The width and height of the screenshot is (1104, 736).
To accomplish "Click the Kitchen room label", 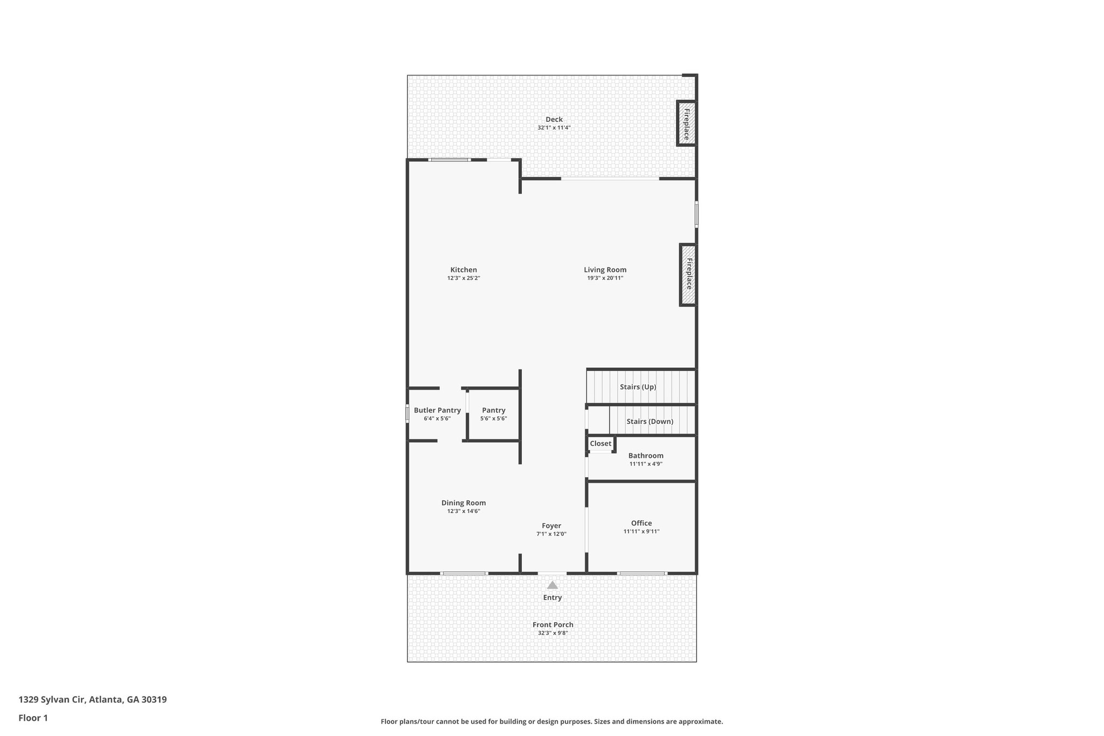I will (x=464, y=270).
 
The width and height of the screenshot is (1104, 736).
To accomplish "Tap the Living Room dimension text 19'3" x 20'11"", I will (x=605, y=278).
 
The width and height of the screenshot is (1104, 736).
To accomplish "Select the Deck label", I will (x=554, y=120).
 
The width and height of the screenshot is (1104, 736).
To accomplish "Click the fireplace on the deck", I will (x=686, y=123).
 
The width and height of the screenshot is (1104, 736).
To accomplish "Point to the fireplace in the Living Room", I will (x=688, y=275).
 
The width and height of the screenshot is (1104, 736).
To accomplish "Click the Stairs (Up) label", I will (x=638, y=387).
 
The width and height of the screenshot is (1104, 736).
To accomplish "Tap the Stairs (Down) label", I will (x=650, y=422).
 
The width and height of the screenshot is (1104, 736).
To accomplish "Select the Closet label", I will (x=601, y=444).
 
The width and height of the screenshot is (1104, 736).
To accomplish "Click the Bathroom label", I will (x=646, y=456).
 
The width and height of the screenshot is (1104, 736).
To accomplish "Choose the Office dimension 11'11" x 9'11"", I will (x=641, y=532).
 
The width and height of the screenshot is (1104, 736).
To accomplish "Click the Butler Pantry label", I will (x=437, y=410).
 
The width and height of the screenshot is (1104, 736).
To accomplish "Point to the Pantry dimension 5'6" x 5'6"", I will (x=494, y=419).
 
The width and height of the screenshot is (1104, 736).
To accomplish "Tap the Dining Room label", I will (x=464, y=503).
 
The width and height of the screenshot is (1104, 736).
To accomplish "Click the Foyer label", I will (x=551, y=526).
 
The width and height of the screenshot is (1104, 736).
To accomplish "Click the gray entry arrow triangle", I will (x=553, y=585).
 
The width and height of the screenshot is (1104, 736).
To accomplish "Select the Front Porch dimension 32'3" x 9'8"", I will (x=553, y=634).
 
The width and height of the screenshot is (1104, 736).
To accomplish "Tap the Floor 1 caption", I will (x=33, y=718).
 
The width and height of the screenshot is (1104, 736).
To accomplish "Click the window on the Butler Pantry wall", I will (x=408, y=414).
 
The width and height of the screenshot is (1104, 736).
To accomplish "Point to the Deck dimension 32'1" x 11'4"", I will (x=554, y=128).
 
